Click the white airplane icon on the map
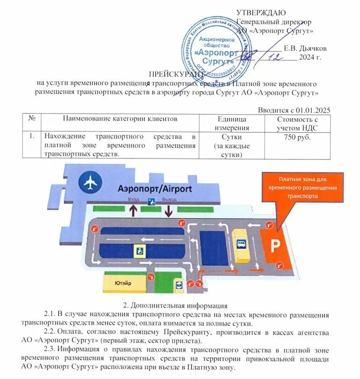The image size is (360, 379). coord(91,182)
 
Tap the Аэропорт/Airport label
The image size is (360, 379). coord(154,189)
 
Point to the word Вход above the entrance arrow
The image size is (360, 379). coord(133,200)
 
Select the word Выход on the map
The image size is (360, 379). coord(169,200)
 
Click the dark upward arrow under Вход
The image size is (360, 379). coord(133,211)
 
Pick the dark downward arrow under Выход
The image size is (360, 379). coord(168,211)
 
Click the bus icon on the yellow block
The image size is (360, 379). coord(241,244)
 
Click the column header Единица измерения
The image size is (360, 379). coord(231,123)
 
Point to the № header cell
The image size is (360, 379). coord(32,119)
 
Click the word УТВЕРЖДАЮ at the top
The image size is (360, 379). coord(260,12)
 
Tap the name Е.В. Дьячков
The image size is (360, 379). coord(305,48)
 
